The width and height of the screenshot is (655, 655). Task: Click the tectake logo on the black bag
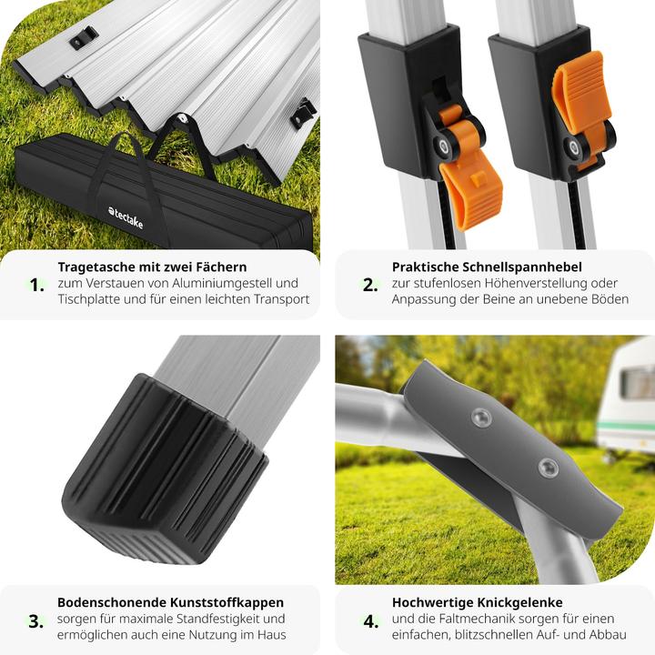(126, 217)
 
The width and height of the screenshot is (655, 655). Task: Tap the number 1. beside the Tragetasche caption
(36, 286)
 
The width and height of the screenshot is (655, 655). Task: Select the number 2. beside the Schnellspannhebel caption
(370, 286)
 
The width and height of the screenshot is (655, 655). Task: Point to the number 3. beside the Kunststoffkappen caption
(36, 621)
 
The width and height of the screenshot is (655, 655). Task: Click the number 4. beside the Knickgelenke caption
(371, 621)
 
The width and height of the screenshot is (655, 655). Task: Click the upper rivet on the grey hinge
(481, 417)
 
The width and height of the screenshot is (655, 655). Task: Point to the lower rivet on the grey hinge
(549, 468)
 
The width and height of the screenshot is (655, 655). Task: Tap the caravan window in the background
(638, 382)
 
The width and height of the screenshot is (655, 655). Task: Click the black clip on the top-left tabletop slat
(84, 37)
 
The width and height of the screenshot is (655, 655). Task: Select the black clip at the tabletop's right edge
(303, 114)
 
